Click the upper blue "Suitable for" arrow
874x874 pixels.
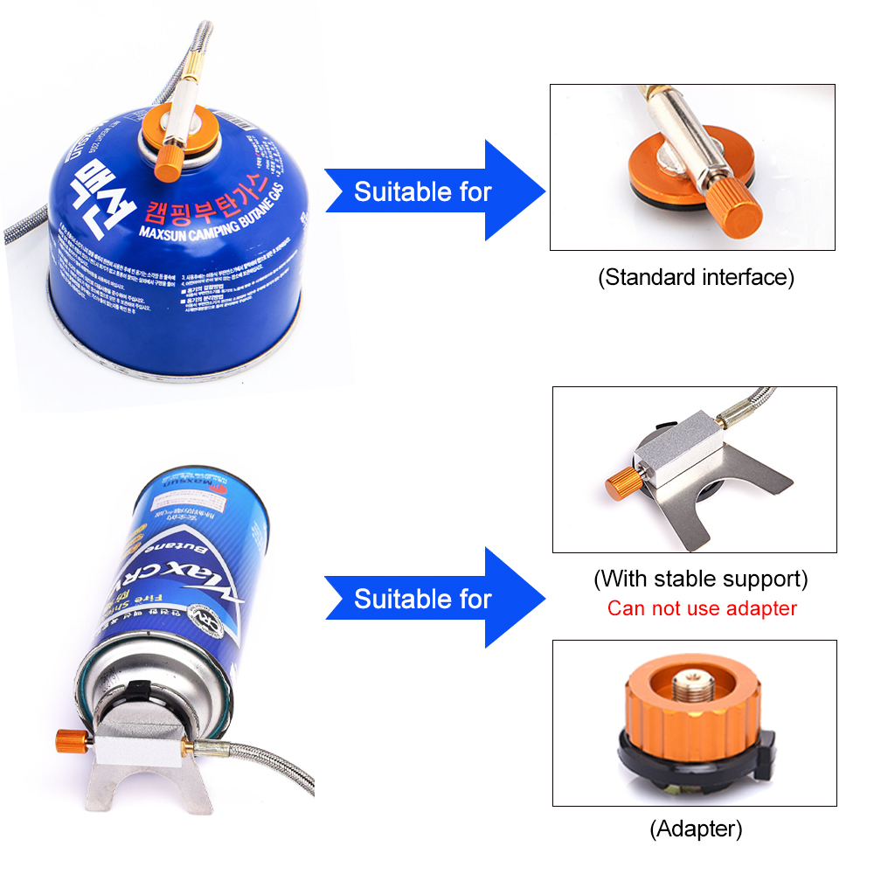pyautogui.click(x=434, y=191)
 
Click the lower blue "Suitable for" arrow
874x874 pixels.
pyautogui.click(x=434, y=599)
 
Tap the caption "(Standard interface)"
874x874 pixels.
pyautogui.click(x=696, y=278)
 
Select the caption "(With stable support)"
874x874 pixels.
pyautogui.click(x=700, y=579)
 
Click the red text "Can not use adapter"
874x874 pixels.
pyautogui.click(x=702, y=608)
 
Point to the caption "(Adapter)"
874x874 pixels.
pyautogui.click(x=696, y=828)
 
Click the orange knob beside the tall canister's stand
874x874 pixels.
pyautogui.click(x=67, y=739)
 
